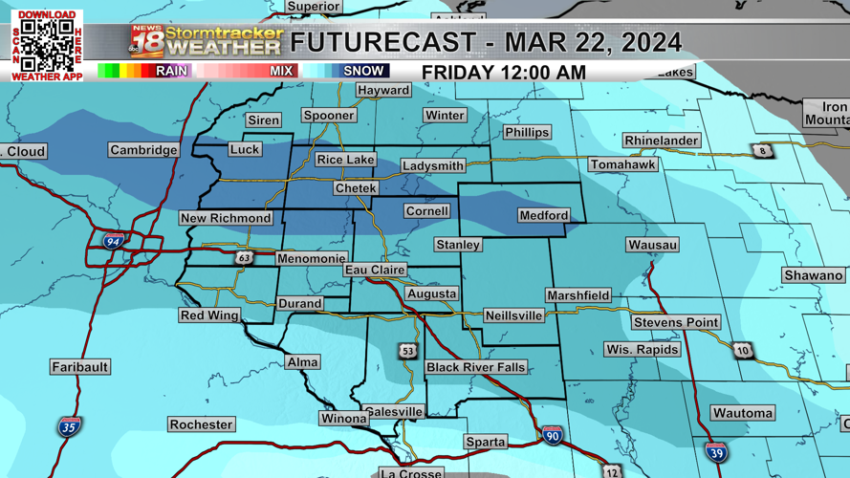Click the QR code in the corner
pos(47,45)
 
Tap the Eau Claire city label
pos(375,271)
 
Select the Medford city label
pos(543,216)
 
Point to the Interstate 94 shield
pos(114,241)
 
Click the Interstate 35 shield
pos(68,426)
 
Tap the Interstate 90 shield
pos(551,436)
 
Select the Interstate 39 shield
pos(715,452)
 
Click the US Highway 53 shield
pos(408,351)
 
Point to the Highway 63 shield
pos(245,258)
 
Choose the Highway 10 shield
pos(743,351)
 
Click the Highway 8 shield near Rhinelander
pos(762,151)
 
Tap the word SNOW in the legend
pos(363,71)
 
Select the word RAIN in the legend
pos(171,71)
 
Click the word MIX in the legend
pos(281,71)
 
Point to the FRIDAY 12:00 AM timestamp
pos(504,73)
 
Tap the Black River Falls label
pos(475,368)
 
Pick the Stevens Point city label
pos(675,323)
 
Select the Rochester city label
pos(201,424)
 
